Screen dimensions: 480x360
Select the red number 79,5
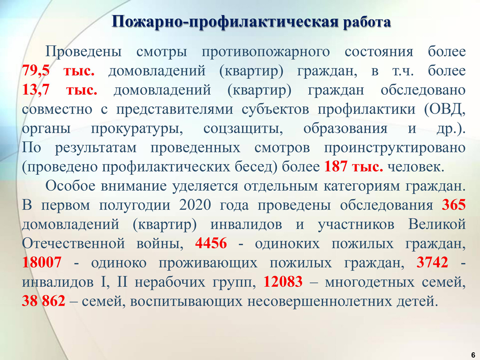(x=36, y=71)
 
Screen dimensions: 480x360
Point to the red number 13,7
(x=36, y=90)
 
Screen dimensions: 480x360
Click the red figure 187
(x=336, y=166)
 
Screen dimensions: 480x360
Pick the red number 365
(x=454, y=205)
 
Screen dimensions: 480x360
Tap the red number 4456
(x=211, y=243)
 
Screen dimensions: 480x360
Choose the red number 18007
(x=42, y=262)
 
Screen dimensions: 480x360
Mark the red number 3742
(x=432, y=262)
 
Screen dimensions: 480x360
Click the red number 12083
(x=283, y=282)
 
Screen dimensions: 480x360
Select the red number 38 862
(x=44, y=301)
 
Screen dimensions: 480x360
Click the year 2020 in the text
(x=195, y=205)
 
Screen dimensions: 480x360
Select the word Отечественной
(x=74, y=243)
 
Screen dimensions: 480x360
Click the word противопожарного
(x=266, y=52)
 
